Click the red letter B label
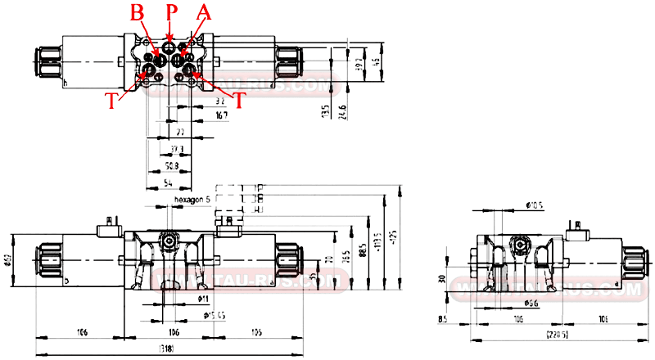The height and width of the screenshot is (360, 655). coord(136,13)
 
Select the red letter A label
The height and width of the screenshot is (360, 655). coord(205,13)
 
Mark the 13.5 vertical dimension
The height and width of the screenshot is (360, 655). coord(327,110)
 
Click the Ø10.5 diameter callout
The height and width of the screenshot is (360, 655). coord(535,204)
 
